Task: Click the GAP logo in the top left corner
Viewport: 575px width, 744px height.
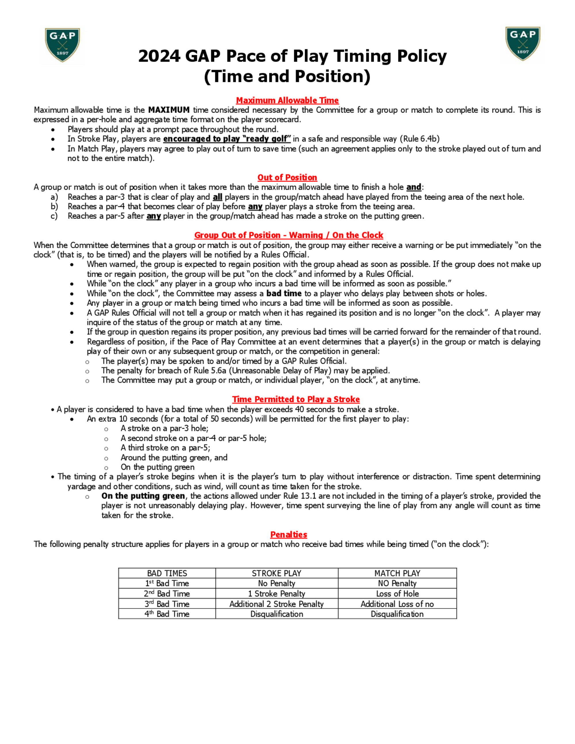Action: point(62,45)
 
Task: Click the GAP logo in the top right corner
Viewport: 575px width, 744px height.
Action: point(523,44)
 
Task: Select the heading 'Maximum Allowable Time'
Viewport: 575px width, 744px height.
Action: point(287,101)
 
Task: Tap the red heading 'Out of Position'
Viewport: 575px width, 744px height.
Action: point(287,177)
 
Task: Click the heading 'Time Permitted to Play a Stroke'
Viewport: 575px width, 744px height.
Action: point(296,399)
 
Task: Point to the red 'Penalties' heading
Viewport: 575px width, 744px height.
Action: point(289,534)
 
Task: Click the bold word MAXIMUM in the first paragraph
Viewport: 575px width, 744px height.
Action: point(168,110)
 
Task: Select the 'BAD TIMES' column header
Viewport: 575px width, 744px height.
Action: point(167,573)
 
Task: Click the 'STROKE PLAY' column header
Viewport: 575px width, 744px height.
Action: point(277,573)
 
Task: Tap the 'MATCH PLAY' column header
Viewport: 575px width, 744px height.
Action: point(397,573)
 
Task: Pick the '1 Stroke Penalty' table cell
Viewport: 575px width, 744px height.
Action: point(277,594)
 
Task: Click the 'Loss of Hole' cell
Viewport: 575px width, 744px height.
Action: point(397,594)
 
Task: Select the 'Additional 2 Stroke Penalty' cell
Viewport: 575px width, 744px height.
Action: point(277,604)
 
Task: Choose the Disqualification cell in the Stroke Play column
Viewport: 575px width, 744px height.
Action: point(277,614)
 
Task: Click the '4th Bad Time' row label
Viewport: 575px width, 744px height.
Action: point(167,614)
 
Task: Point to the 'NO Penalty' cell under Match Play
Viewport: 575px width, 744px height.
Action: point(397,584)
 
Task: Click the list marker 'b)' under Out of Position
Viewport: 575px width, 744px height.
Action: point(54,206)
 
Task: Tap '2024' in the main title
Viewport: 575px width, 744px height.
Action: point(159,56)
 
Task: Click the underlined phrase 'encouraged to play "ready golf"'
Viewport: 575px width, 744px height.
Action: point(227,139)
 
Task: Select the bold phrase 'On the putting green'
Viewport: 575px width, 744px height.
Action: point(143,496)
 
